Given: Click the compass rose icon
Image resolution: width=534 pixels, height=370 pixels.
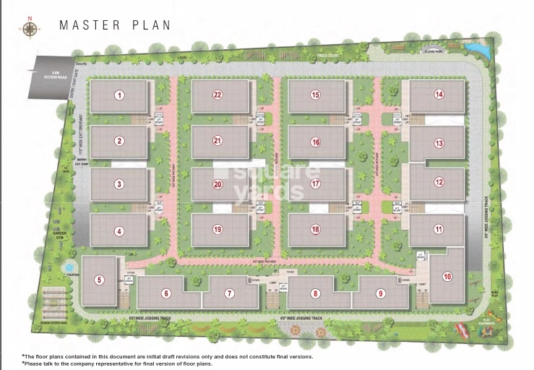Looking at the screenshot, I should [30, 29].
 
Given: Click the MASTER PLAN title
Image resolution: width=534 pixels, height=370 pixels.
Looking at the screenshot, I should [115, 25].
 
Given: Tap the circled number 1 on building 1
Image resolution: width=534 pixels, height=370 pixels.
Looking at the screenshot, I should [120, 95].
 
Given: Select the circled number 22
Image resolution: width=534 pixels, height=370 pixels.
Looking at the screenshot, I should [217, 95].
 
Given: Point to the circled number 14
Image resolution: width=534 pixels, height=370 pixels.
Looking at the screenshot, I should [438, 95].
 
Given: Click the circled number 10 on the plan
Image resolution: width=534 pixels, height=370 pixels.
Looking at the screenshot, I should [447, 276].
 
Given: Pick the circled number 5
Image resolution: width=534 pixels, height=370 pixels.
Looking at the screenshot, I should [100, 280].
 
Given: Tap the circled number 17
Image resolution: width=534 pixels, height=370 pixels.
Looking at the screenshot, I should [315, 184].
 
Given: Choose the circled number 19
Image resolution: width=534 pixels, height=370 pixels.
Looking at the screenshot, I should [217, 230].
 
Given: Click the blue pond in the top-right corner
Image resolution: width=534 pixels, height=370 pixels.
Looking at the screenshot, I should [475, 48].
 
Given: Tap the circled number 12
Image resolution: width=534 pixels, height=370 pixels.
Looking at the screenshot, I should [439, 182].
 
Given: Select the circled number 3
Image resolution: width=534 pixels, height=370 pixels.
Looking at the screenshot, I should [119, 184].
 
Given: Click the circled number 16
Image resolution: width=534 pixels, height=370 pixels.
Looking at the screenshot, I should [315, 142].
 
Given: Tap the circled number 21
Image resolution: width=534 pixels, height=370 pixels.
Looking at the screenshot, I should [217, 140].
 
